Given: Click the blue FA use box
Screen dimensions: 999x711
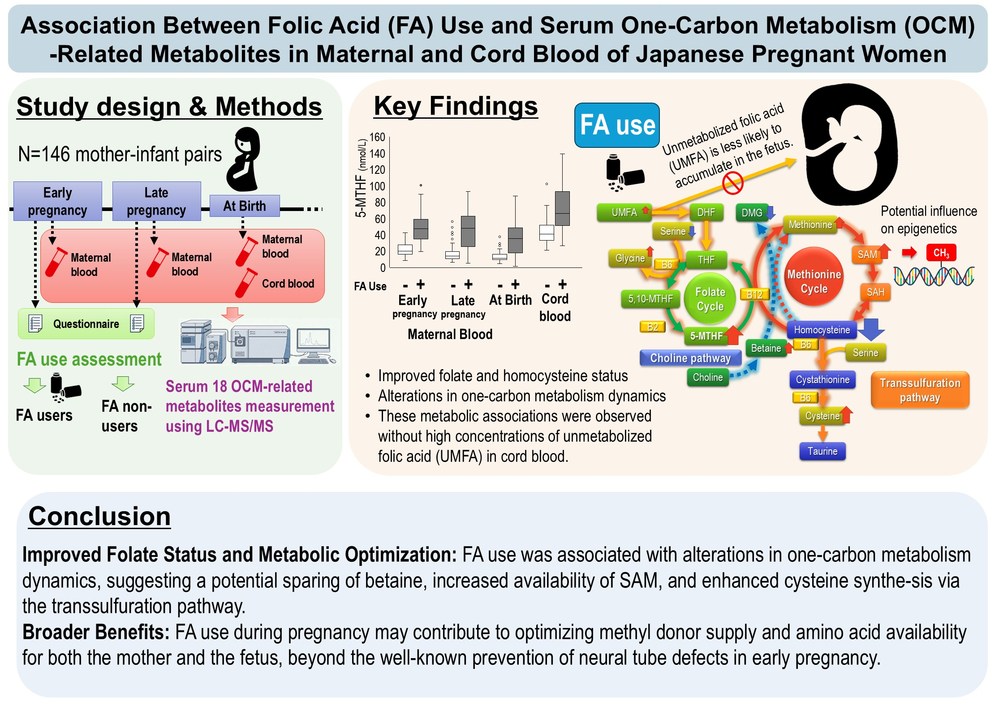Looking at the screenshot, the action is (x=617, y=125).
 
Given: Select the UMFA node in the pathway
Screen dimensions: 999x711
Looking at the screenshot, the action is (x=624, y=212).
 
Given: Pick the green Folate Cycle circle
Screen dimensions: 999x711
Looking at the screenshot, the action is (x=710, y=299).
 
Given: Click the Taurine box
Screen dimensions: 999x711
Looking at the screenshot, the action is (x=822, y=451).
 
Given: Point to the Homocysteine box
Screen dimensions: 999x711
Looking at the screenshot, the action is (x=822, y=330).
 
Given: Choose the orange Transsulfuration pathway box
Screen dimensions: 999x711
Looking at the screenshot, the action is (x=920, y=390).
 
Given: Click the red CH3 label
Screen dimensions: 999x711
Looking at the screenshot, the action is (x=941, y=253).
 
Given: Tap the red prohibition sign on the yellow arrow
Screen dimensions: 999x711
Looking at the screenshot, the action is (x=733, y=184).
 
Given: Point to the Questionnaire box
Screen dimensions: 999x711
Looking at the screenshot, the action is (x=86, y=324).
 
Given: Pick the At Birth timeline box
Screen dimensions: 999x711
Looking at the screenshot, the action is (x=245, y=206).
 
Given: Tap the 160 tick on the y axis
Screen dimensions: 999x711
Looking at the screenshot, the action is (x=377, y=138).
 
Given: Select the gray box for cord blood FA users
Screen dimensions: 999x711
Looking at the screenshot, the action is (x=562, y=208).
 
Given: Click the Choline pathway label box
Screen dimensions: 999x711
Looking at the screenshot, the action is (x=690, y=358).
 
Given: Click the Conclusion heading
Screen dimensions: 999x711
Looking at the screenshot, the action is (x=99, y=516).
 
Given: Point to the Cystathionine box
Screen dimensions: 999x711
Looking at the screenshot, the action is (x=822, y=380).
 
